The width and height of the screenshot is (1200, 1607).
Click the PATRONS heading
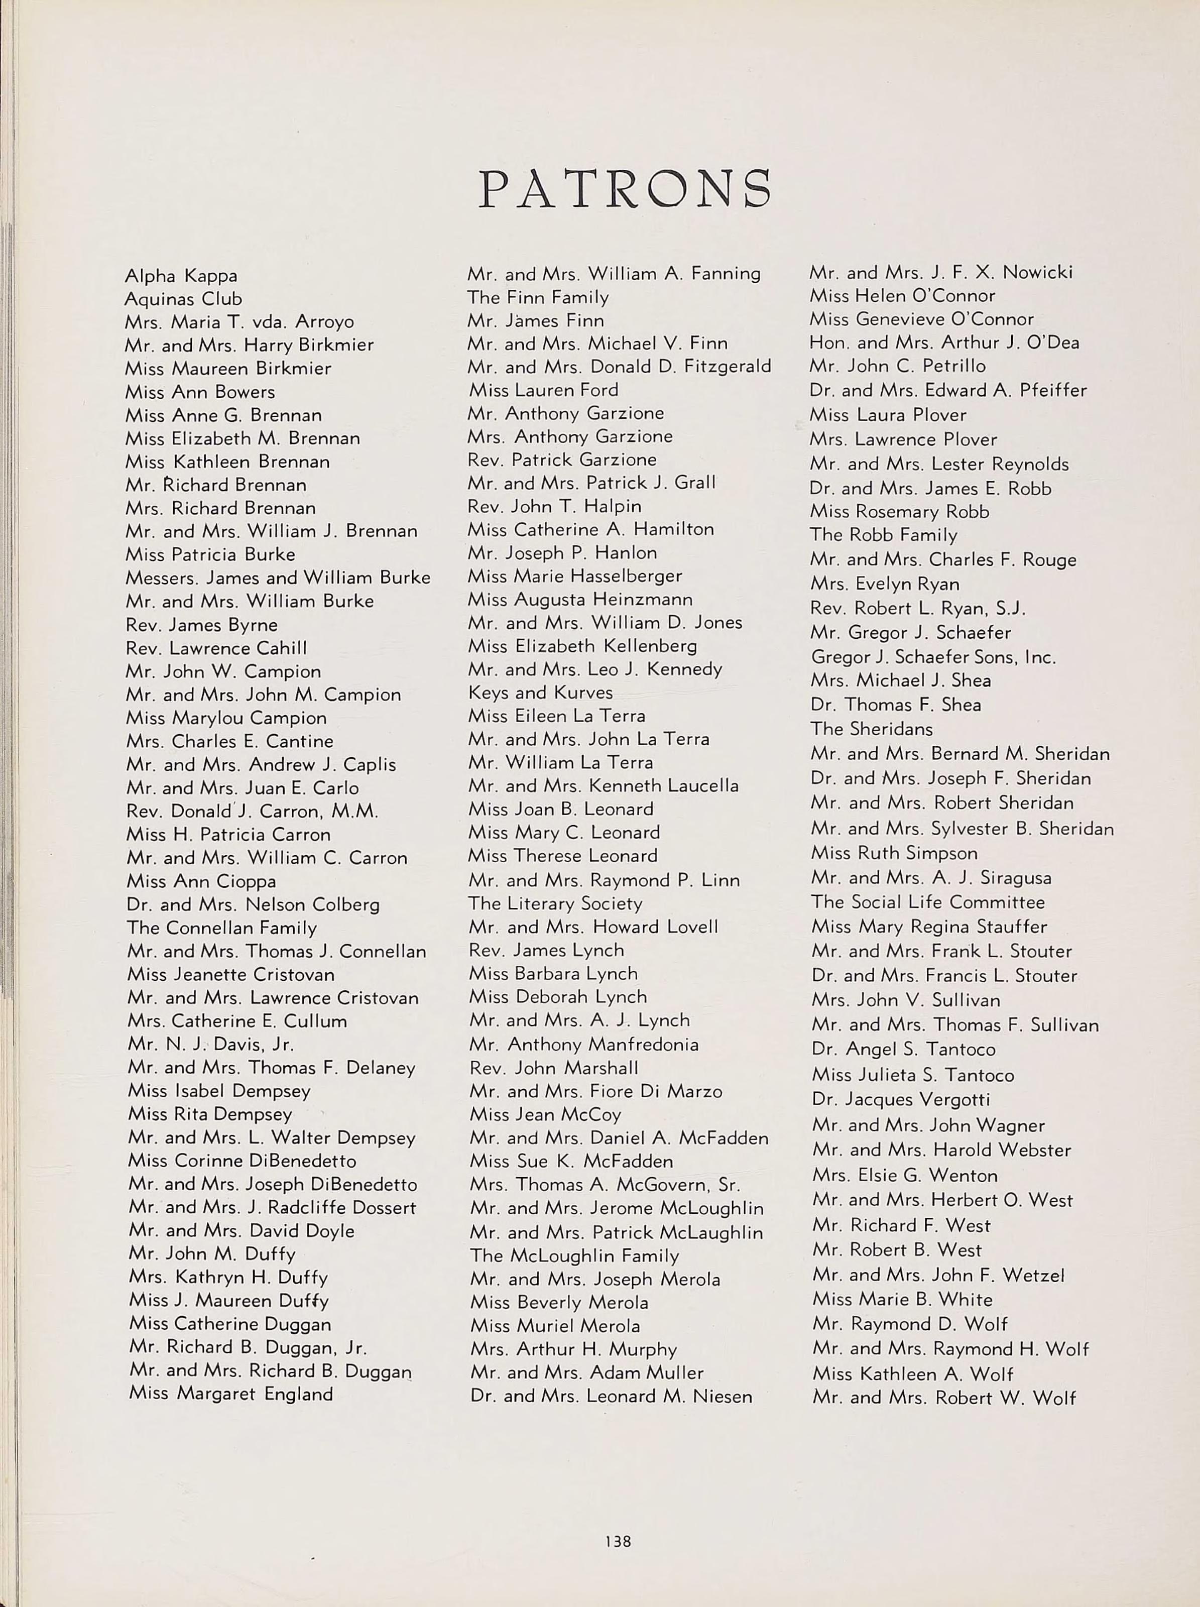tap(625, 188)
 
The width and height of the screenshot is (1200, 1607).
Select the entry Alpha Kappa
tap(181, 276)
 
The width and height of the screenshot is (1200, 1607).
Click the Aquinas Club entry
tap(183, 299)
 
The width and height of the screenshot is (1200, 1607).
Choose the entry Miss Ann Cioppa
tap(201, 881)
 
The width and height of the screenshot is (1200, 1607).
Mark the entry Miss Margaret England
tap(230, 1394)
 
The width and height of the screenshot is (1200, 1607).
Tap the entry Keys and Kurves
tap(540, 693)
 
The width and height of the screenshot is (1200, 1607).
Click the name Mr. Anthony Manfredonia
tap(584, 1044)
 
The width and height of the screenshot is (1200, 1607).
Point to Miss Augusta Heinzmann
tap(580, 599)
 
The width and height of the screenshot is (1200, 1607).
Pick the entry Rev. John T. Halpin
tap(555, 506)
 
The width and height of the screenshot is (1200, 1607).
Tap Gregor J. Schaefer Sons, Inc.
tap(933, 657)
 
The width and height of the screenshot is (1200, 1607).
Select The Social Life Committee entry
tap(927, 902)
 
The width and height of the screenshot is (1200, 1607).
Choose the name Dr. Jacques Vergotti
tap(901, 1099)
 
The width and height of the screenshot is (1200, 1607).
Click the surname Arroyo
tap(325, 322)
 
